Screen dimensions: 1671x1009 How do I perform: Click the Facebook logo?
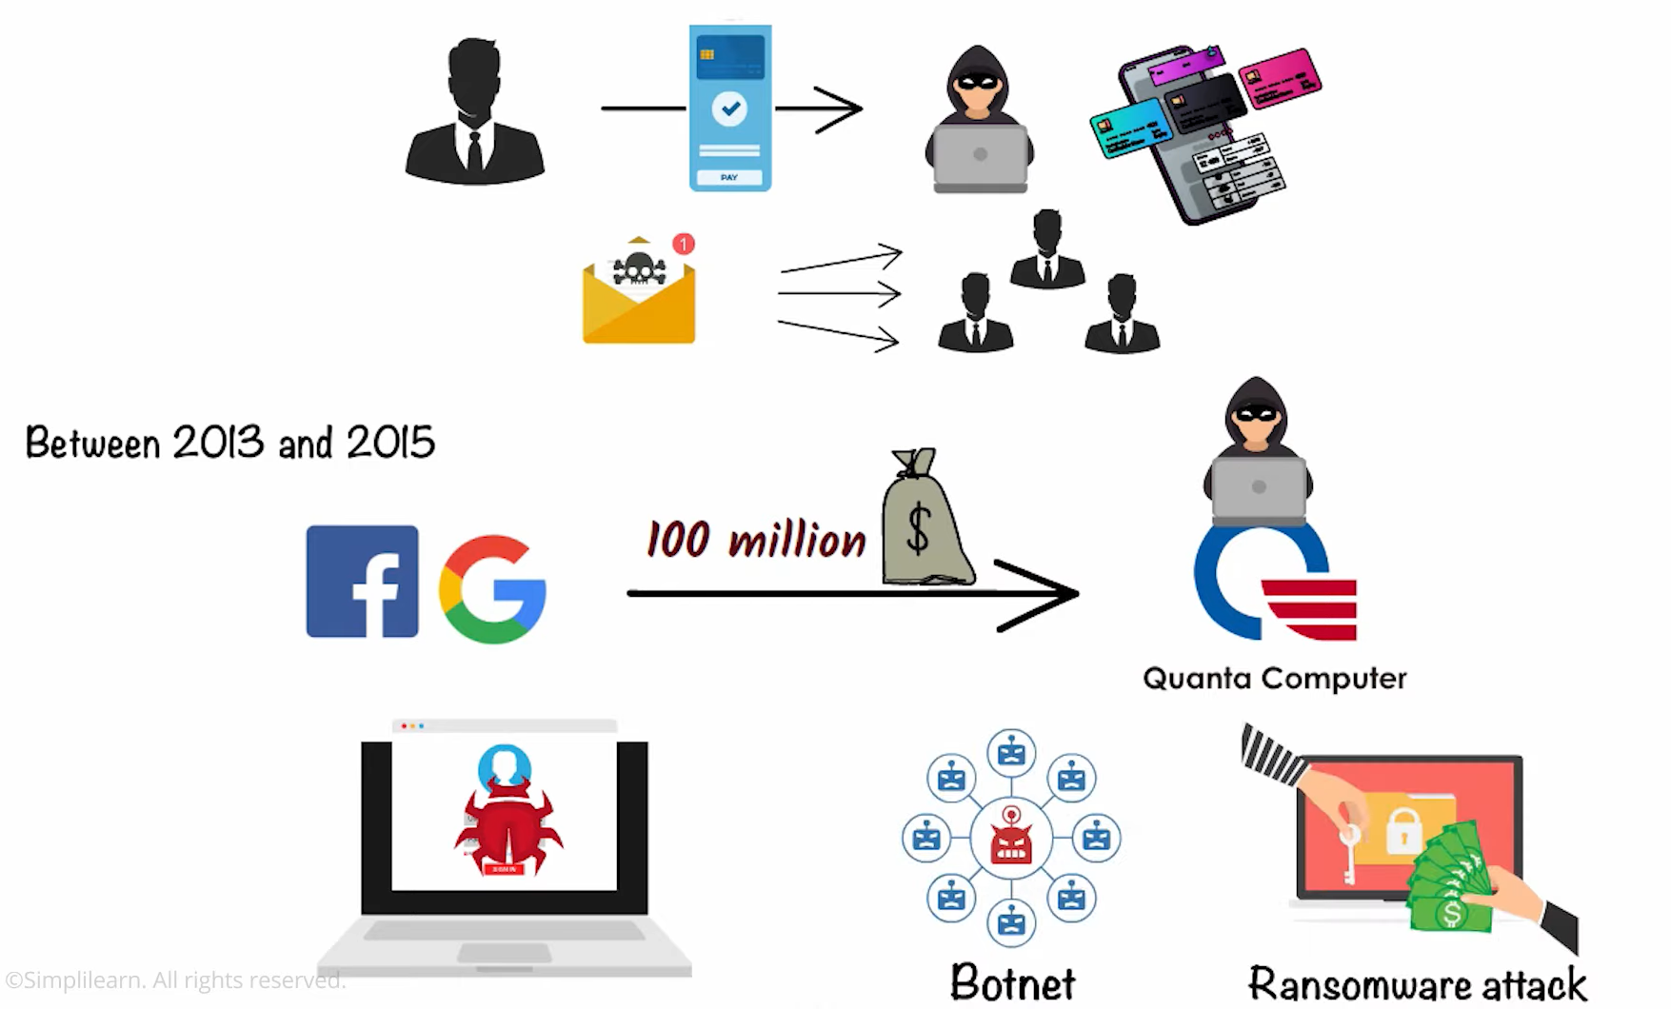pos(362,582)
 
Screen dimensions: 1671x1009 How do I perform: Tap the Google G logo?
pos(492,589)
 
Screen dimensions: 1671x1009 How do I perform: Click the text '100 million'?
pos(756,540)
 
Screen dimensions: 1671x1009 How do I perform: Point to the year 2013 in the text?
pos(217,443)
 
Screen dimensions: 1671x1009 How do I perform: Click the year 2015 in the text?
pos(390,443)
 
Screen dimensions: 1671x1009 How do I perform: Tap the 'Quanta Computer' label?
pos(1274,678)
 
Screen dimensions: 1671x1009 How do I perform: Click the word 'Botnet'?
pos(1012,982)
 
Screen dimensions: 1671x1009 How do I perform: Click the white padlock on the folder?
pos(1402,830)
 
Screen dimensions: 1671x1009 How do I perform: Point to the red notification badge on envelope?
pos(684,245)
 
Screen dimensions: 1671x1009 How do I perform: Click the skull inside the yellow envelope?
pos(639,269)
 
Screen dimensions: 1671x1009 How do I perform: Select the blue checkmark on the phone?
pos(730,109)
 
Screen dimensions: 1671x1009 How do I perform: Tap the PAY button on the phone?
pos(729,178)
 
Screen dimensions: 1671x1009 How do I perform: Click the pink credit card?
pos(1281,75)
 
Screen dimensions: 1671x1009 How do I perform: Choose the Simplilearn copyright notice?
pos(175,979)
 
